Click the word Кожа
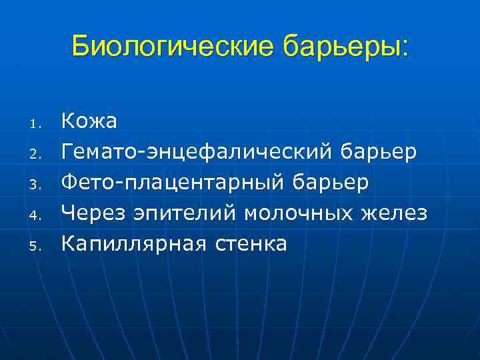click(89, 121)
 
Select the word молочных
click(299, 214)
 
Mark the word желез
click(394, 214)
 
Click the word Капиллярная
click(135, 245)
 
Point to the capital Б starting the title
click(81, 47)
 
